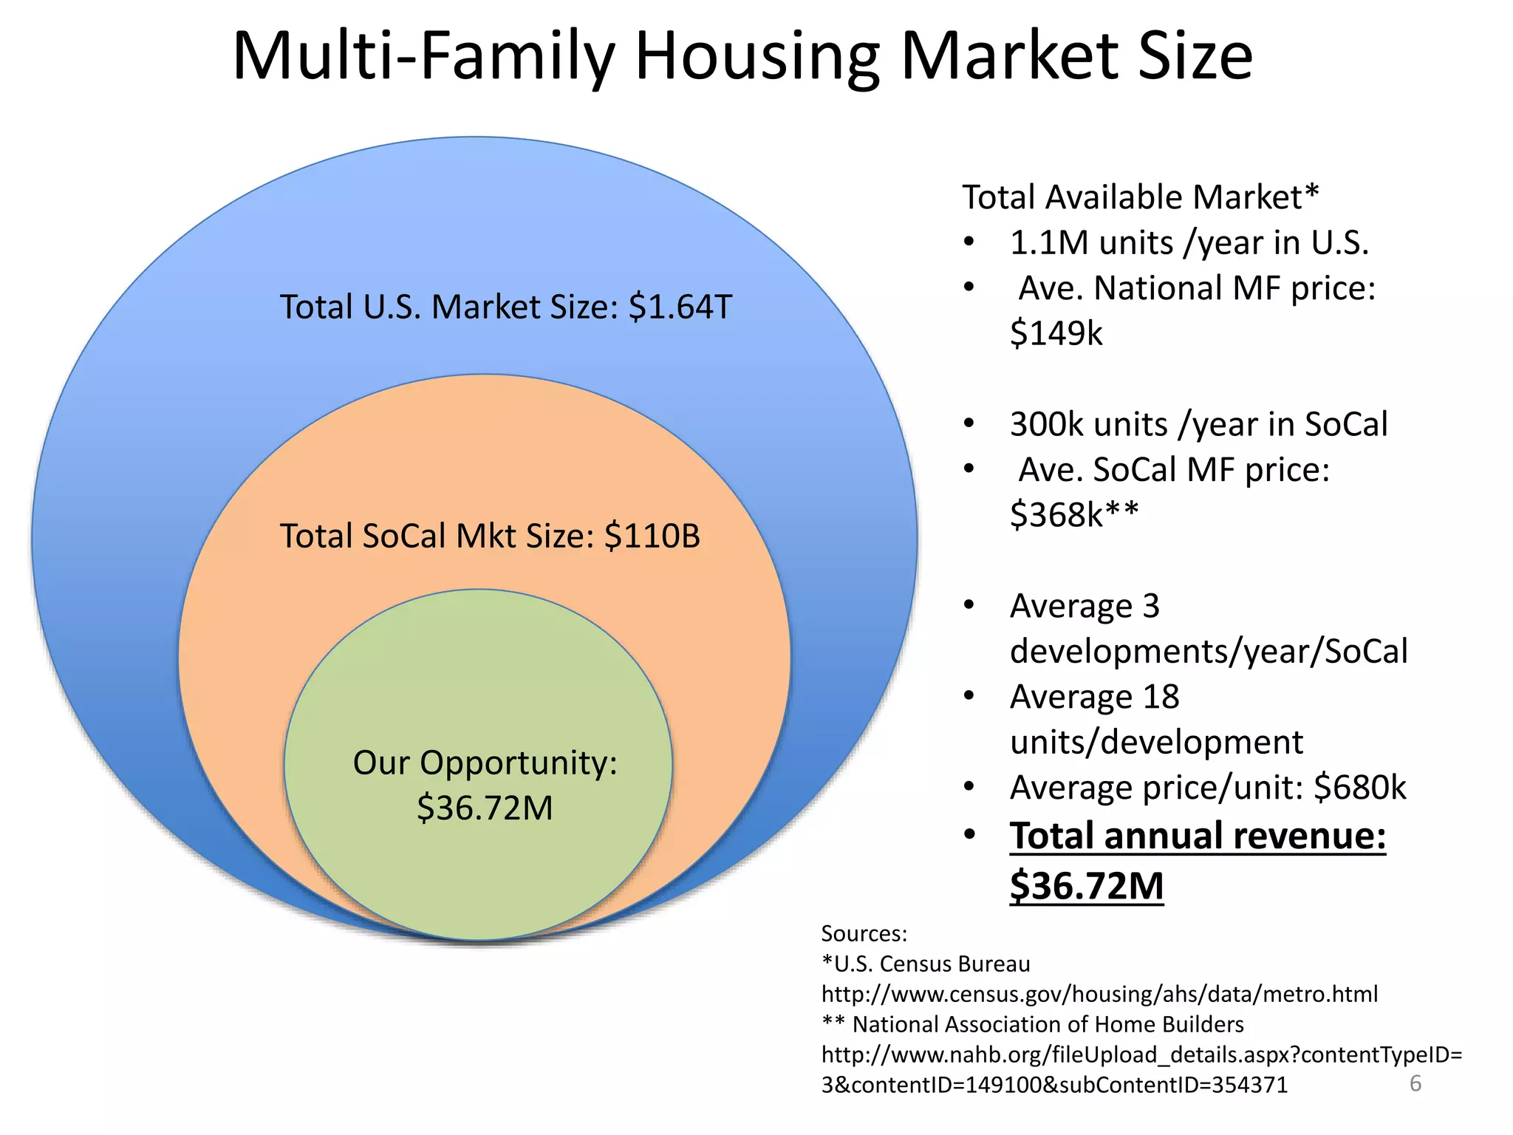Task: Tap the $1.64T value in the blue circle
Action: pyautogui.click(x=680, y=307)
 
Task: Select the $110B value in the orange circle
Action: pyautogui.click(x=652, y=536)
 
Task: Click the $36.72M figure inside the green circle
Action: pyautogui.click(x=485, y=808)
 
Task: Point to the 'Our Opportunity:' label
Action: pyautogui.click(x=485, y=763)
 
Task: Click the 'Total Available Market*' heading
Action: pyautogui.click(x=1140, y=197)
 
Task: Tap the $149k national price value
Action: pyautogui.click(x=1056, y=333)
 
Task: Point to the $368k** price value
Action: pyautogui.click(x=1073, y=514)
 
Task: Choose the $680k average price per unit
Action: pyautogui.click(x=1359, y=788)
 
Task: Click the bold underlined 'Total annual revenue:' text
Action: pyautogui.click(x=1198, y=836)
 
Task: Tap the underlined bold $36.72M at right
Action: pyautogui.click(x=1087, y=885)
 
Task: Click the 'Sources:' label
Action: pyautogui.click(x=864, y=933)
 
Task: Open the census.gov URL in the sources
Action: pyautogui.click(x=1099, y=994)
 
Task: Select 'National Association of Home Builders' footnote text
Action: pyautogui.click(x=1048, y=1024)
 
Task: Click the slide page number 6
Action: pyautogui.click(x=1415, y=1083)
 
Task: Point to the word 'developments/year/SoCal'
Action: pyautogui.click(x=1209, y=651)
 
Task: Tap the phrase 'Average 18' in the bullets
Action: pyautogui.click(x=1094, y=697)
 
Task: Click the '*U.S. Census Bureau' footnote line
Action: pyautogui.click(x=926, y=964)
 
